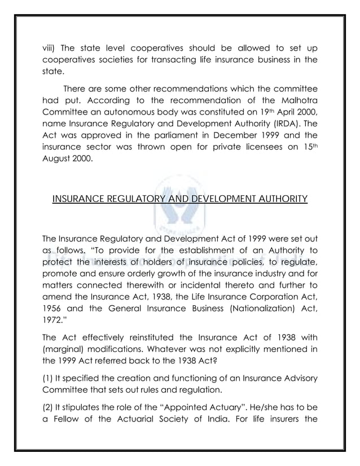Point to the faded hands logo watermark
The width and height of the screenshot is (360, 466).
tap(180, 209)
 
